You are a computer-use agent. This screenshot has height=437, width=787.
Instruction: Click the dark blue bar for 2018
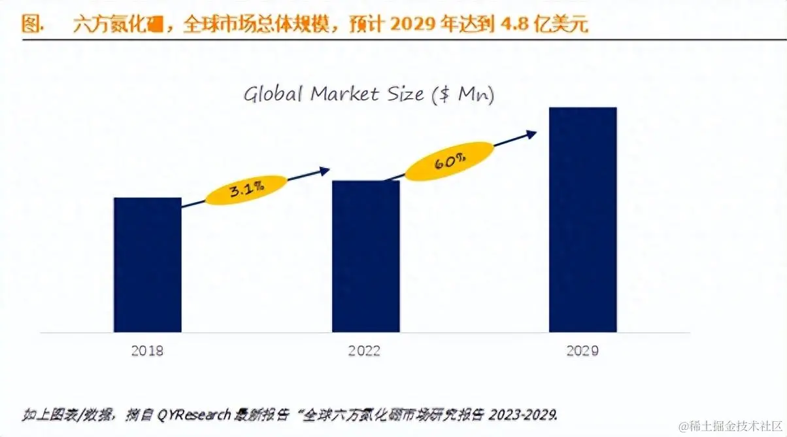point(148,264)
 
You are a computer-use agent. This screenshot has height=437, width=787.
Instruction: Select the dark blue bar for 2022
point(365,256)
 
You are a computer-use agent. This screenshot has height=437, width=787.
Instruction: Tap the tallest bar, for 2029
point(583,219)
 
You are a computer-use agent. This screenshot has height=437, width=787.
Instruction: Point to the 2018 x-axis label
point(147,351)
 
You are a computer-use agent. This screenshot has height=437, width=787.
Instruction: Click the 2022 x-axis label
point(364,351)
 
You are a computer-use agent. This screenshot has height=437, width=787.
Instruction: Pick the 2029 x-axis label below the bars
point(582,351)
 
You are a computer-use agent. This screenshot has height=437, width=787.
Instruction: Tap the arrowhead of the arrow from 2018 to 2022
point(325,170)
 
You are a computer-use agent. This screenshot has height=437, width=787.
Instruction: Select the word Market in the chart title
point(344,94)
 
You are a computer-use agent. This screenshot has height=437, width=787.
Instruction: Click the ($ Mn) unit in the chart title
point(463,96)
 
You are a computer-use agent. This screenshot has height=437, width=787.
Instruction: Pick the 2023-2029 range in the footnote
point(526,414)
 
